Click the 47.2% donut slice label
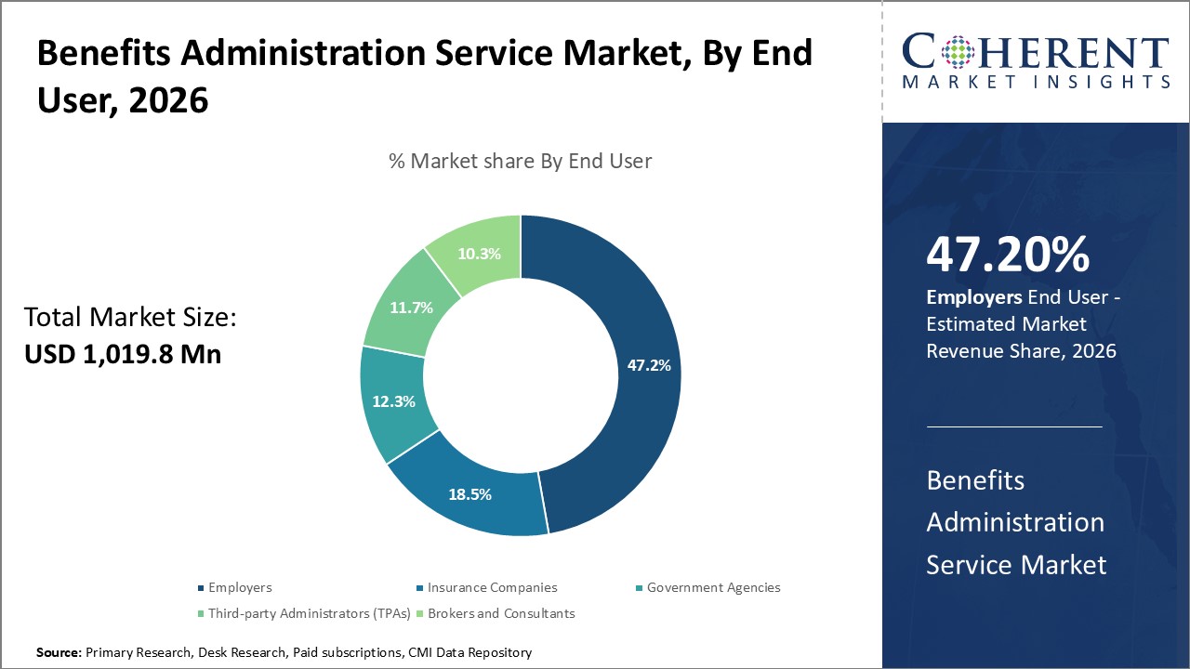point(648,365)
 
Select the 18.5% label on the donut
point(469,494)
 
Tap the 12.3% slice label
point(392,401)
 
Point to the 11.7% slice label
point(411,308)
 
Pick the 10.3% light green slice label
point(480,253)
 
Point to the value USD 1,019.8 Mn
point(122,354)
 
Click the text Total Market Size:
point(130,318)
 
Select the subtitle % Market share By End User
point(520,161)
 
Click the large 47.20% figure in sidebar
point(1007,255)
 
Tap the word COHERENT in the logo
point(1036,51)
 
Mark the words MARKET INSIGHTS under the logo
point(1036,82)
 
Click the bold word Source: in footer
point(59,653)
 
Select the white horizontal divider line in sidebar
point(1014,427)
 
